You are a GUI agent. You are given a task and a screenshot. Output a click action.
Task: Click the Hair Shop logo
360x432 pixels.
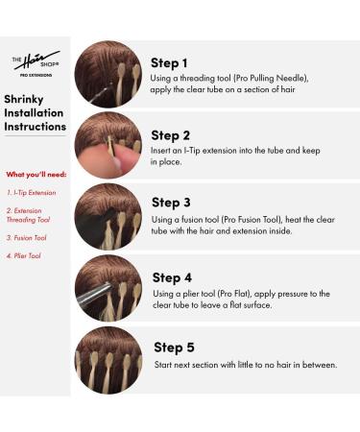point(36,62)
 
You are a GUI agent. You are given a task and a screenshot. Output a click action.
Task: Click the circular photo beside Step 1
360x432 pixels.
point(108,73)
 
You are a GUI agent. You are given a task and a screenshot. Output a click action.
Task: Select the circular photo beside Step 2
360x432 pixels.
point(108,144)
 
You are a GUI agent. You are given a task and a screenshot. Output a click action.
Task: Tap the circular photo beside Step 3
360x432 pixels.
point(108,216)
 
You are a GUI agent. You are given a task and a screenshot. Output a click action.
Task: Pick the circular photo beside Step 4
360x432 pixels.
point(108,287)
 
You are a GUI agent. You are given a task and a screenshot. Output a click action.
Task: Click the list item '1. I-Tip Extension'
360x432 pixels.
point(31,192)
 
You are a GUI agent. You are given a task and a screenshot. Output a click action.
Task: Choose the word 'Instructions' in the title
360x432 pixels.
point(36,126)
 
